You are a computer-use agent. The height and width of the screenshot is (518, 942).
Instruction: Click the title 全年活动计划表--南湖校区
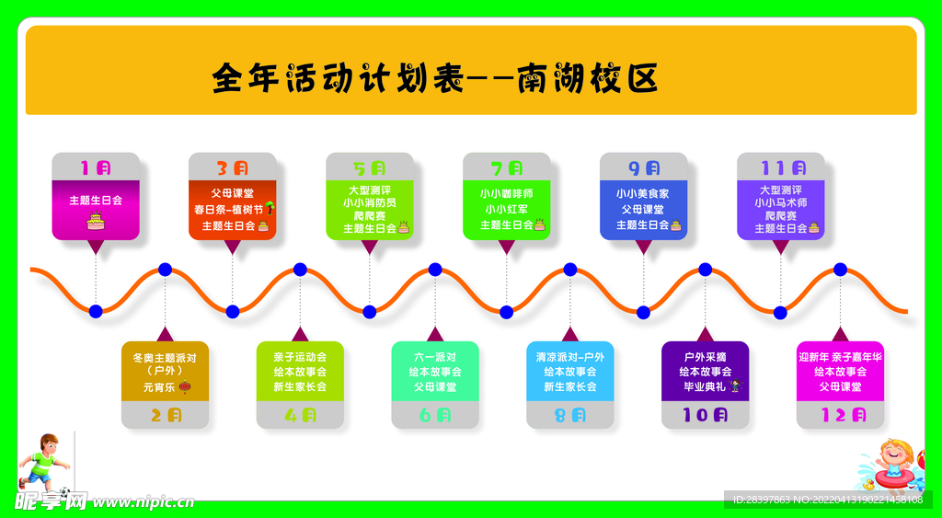[x=434, y=77]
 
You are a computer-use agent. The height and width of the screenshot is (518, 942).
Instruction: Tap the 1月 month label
[x=96, y=168]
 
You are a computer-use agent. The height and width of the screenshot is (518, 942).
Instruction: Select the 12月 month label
[x=840, y=415]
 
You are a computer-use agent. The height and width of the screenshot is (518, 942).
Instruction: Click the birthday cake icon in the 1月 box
[x=96, y=220]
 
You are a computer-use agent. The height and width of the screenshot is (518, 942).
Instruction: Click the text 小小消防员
[x=370, y=202]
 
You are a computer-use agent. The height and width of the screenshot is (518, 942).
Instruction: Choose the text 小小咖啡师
[x=506, y=194]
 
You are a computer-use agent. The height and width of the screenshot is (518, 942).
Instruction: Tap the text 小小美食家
[x=643, y=194]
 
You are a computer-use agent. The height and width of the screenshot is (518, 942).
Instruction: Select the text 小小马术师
[x=780, y=202]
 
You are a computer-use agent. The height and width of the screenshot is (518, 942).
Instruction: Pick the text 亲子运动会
[x=300, y=357]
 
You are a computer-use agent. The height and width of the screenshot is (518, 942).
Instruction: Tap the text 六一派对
[x=435, y=357]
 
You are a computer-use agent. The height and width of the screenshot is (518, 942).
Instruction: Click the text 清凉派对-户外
[x=570, y=357]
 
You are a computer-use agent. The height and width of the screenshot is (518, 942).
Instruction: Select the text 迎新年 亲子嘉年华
[x=840, y=357]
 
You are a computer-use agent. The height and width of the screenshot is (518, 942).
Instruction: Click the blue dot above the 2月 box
[x=165, y=270]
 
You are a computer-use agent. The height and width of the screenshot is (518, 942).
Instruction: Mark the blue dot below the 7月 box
[x=506, y=312]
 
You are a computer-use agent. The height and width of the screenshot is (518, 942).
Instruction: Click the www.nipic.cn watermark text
[x=143, y=502]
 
